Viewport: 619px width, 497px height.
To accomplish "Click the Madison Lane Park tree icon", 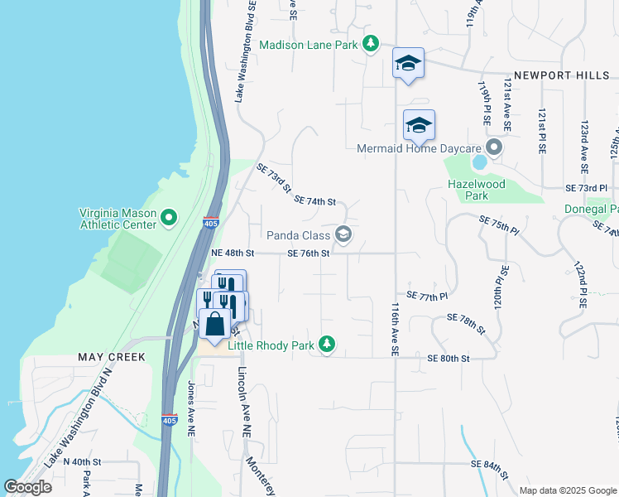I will click(372, 44).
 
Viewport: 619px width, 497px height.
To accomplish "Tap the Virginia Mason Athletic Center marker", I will click(169, 218).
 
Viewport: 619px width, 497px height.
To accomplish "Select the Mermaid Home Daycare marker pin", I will click(494, 148).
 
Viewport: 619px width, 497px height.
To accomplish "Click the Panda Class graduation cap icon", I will click(344, 235).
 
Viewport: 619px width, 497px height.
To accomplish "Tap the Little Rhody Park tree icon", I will click(328, 344).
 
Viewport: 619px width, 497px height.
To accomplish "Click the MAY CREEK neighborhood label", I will click(112, 357).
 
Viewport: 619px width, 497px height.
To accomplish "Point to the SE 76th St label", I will click(309, 253).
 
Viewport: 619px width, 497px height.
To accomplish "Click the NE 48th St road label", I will click(233, 253).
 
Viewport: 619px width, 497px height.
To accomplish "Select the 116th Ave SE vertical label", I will click(396, 329).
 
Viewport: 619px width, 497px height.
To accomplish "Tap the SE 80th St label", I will click(449, 359).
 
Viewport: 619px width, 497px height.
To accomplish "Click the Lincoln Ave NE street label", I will click(244, 402).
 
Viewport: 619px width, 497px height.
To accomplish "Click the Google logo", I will click(27, 487).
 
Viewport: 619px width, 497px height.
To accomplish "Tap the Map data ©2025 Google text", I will click(567, 490).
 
